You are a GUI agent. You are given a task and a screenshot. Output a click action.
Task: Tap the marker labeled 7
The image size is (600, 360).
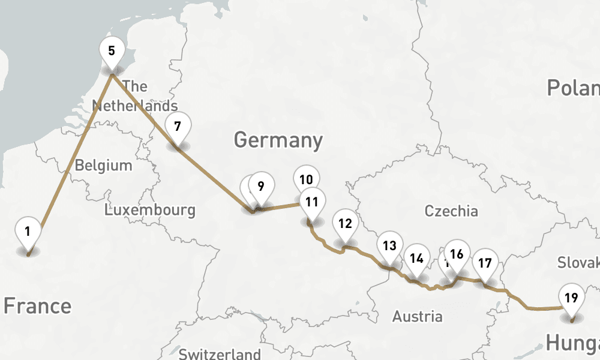177,127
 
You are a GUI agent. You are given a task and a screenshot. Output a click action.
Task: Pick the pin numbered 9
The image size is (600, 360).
260,186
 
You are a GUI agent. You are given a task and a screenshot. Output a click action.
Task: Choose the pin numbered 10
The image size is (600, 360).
306,179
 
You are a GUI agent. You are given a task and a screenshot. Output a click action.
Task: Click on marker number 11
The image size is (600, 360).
311,202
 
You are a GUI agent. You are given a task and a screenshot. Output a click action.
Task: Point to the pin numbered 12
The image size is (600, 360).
344,224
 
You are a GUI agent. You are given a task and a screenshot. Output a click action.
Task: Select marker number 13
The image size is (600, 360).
389,245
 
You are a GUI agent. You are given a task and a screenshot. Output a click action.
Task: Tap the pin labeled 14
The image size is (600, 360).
416,259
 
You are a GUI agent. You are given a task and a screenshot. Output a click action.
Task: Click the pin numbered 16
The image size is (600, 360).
457,254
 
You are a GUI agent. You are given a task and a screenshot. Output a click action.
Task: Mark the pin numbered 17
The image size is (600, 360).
485,263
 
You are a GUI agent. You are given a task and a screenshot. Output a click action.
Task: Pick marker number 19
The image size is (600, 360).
571,297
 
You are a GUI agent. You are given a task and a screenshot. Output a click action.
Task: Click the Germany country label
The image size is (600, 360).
278,140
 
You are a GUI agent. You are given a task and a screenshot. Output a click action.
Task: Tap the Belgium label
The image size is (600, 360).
103,165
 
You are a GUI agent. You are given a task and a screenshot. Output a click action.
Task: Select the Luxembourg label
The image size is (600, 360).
149,210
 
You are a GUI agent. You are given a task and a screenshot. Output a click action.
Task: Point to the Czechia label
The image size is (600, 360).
451,211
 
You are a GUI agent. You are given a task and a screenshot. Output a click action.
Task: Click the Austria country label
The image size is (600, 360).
418,316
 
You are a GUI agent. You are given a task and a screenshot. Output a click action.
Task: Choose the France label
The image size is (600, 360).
37,306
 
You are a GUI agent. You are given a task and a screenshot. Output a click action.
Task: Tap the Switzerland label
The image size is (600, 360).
220,353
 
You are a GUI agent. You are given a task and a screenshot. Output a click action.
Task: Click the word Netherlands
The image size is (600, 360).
134,106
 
